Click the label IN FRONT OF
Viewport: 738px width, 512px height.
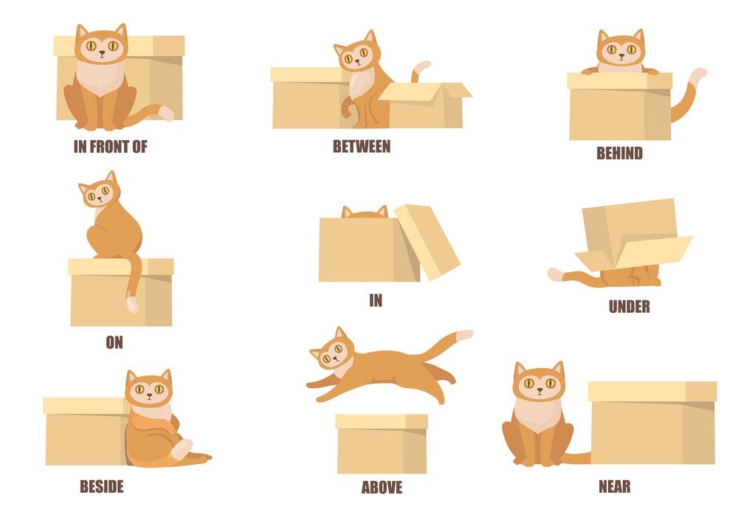tap(110, 147)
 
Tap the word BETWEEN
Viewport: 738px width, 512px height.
tap(362, 146)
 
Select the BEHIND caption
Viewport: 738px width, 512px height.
tap(619, 153)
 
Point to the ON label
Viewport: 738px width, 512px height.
tap(114, 342)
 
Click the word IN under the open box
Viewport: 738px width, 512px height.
tap(376, 300)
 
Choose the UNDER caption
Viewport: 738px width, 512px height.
tap(630, 306)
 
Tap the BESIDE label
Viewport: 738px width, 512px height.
tap(102, 486)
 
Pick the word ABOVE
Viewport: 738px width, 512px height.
tap(382, 487)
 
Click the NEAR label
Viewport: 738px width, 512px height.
tap(614, 486)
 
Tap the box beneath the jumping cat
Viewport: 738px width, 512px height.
tap(382, 444)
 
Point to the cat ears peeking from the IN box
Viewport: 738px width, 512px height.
tap(365, 212)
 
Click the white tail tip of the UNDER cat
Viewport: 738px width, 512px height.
tap(556, 274)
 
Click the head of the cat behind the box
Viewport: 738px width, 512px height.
tap(621, 49)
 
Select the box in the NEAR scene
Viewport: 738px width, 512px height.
tap(652, 423)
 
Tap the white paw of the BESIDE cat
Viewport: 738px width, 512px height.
tap(182, 449)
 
